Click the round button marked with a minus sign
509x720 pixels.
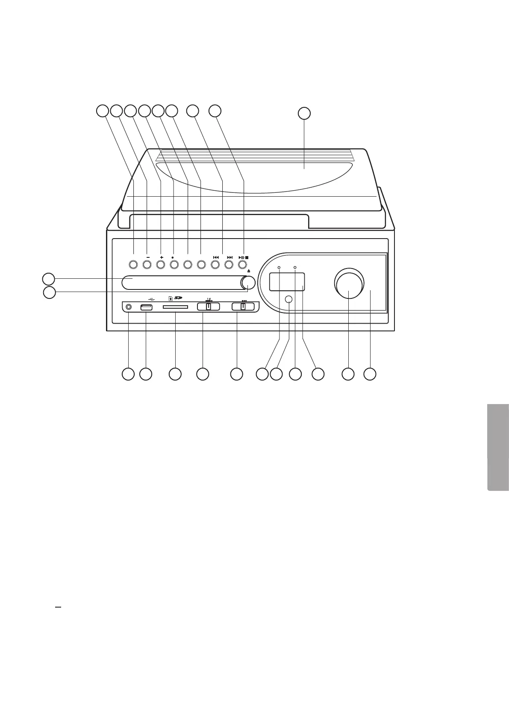point(147,265)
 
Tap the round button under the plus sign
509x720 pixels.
point(160,265)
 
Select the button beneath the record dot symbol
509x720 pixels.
point(174,265)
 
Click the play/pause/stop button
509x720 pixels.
point(242,265)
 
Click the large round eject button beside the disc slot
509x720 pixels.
point(248,283)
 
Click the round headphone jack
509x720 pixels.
point(128,307)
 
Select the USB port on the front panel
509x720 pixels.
point(146,307)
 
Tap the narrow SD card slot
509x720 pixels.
point(176,307)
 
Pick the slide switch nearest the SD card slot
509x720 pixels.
point(208,307)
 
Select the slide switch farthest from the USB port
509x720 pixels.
point(243,307)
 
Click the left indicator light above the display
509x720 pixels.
point(279,268)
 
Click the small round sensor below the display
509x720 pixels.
point(289,299)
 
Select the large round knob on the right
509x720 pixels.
point(349,284)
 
